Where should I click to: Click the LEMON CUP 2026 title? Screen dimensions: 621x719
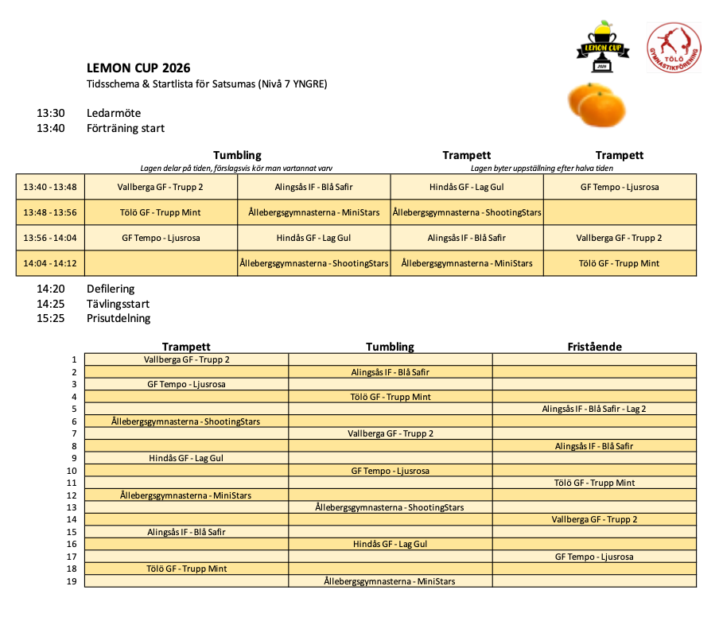pyautogui.click(x=138, y=68)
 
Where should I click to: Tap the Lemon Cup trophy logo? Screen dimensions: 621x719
pyautogui.click(x=602, y=47)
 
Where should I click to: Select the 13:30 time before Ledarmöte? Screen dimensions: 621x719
pyautogui.click(x=50, y=114)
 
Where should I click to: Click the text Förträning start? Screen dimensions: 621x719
pyautogui.click(x=126, y=128)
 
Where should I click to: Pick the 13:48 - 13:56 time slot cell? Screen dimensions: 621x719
pyautogui.click(x=50, y=212)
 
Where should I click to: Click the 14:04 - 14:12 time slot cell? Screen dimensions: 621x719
pyautogui.click(x=50, y=263)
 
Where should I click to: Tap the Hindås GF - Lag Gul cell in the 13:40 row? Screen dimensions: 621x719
pyautogui.click(x=467, y=187)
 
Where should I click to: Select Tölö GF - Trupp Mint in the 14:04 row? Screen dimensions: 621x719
pyautogui.click(x=620, y=263)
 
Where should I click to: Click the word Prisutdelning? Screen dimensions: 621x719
pyautogui.click(x=119, y=318)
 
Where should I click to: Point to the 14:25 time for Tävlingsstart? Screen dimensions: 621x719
pyautogui.click(x=50, y=304)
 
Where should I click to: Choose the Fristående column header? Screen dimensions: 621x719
pyautogui.click(x=594, y=347)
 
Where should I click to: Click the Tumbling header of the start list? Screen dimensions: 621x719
pyautogui.click(x=390, y=347)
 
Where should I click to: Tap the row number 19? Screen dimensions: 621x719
pyautogui.click(x=72, y=581)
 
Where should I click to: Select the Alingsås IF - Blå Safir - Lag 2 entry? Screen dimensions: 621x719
pyautogui.click(x=594, y=409)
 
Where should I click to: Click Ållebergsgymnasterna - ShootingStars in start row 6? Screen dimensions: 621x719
pyautogui.click(x=185, y=421)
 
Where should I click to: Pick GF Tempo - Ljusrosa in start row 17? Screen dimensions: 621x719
pyautogui.click(x=594, y=557)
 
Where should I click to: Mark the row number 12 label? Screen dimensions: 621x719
pyautogui.click(x=72, y=495)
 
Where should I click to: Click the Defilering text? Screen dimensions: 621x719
pyautogui.click(x=111, y=289)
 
